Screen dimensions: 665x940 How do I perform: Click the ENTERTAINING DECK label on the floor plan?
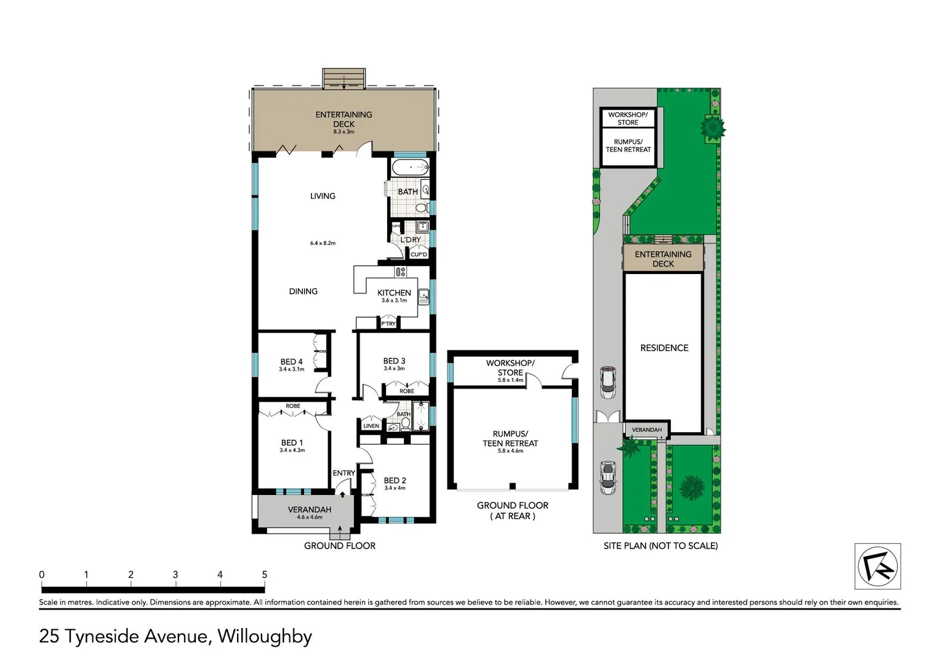(x=343, y=119)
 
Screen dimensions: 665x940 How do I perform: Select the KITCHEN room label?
(x=394, y=293)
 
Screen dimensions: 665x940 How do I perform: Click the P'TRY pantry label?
(x=388, y=323)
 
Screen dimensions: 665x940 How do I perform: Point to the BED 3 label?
(x=394, y=361)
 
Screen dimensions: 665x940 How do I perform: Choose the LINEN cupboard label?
(x=371, y=425)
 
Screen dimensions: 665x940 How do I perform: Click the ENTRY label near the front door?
(x=343, y=473)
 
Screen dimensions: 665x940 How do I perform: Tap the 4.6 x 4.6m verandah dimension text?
(x=310, y=517)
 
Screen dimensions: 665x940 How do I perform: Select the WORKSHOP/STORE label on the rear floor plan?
(x=510, y=368)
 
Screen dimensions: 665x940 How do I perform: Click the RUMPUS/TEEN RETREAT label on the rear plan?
(x=510, y=438)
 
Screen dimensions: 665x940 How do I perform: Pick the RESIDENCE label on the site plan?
(x=664, y=348)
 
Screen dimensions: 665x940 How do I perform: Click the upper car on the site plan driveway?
(x=608, y=382)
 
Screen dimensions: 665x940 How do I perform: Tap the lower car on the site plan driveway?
(x=608, y=477)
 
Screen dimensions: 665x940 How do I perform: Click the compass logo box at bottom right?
(x=878, y=566)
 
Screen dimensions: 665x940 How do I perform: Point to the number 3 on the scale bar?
(x=175, y=574)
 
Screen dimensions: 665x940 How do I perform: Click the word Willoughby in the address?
(x=265, y=635)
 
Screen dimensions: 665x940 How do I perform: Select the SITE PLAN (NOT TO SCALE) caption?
(x=661, y=546)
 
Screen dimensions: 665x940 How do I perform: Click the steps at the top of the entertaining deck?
(x=344, y=78)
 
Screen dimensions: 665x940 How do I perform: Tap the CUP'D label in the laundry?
(x=419, y=254)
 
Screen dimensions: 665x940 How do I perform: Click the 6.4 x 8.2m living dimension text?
(x=323, y=243)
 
